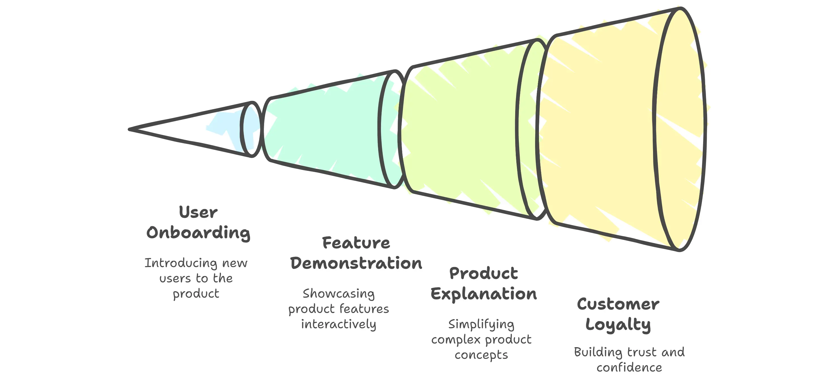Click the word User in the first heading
198,212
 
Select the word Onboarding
198,233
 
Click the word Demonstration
356,263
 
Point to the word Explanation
483,294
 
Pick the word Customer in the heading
618,304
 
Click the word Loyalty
618,325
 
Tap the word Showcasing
338,293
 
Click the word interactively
338,324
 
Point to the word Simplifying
481,324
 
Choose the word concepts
481,355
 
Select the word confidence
629,368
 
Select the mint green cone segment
324,128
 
